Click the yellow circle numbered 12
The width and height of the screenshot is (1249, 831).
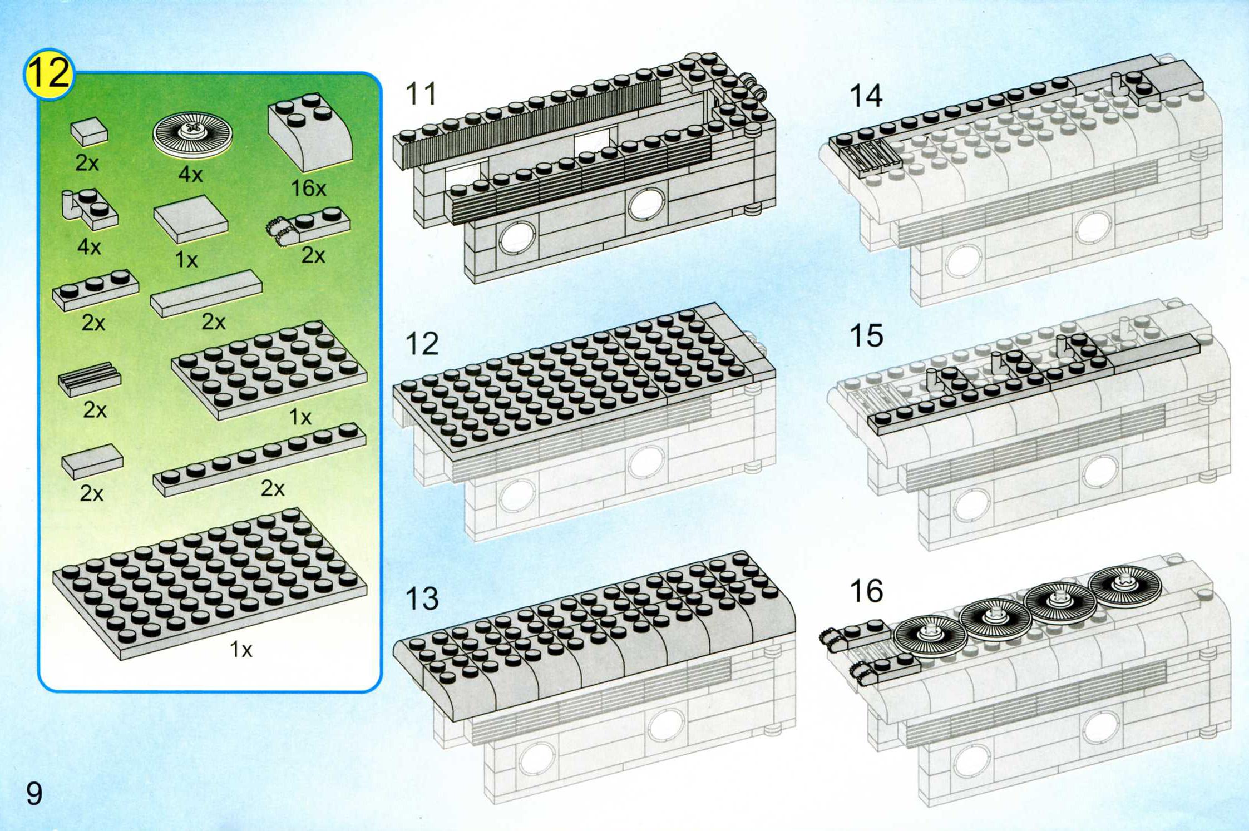tap(49, 74)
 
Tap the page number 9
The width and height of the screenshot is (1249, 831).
tap(34, 794)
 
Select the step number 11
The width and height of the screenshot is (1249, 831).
tap(421, 93)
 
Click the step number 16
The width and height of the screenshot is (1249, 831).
tap(866, 591)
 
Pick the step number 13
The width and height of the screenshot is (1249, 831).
tap(422, 598)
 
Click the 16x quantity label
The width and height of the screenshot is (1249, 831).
tap(308, 188)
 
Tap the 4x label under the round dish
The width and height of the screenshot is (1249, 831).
tap(190, 175)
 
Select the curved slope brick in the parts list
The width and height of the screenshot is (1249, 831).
tap(310, 132)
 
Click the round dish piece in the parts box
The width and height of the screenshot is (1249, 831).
tap(192, 134)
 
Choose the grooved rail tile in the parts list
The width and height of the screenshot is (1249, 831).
tap(90, 379)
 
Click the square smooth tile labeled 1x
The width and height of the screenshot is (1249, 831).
tap(190, 219)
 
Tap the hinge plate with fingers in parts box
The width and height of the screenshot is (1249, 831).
tap(308, 226)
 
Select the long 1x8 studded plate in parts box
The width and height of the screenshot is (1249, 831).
tap(260, 459)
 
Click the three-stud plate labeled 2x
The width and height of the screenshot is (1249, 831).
tap(95, 289)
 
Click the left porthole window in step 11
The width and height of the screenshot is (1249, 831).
tap(518, 238)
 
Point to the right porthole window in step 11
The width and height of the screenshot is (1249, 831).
tap(646, 204)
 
